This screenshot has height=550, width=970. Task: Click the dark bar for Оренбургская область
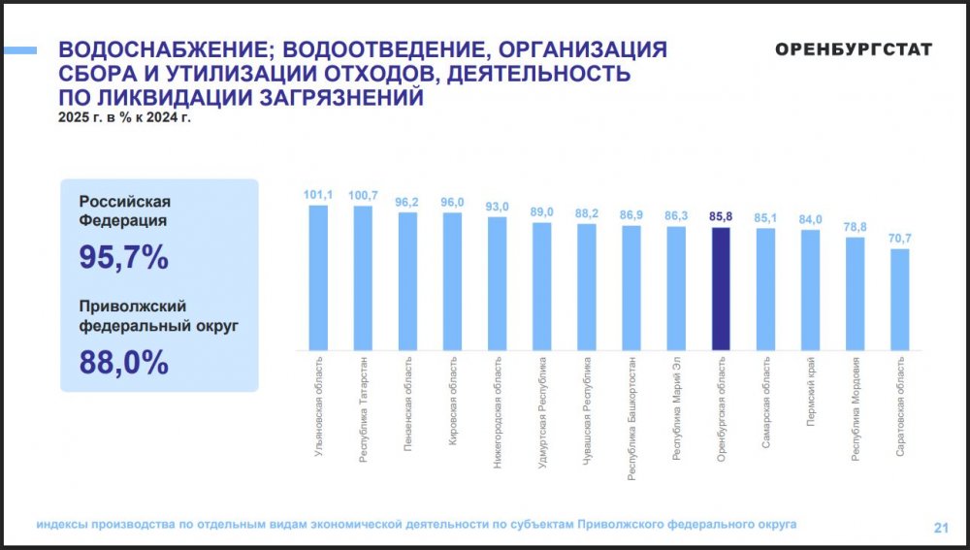point(721,288)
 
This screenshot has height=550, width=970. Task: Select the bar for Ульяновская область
point(318,277)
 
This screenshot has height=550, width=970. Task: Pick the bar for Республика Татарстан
point(363,277)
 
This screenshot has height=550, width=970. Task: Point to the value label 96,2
point(407,202)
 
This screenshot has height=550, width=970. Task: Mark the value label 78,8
point(856,227)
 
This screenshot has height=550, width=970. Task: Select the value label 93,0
point(497,207)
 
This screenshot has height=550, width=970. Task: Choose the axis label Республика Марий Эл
point(677,413)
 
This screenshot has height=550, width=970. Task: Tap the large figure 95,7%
point(124,257)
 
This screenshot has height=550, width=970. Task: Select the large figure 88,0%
point(124,362)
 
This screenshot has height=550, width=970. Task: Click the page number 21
point(940,528)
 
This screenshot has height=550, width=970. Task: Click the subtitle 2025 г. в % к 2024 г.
point(125,118)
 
